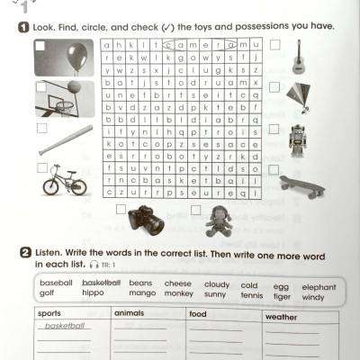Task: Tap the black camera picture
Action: click(145, 219)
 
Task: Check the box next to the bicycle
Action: click(41, 166)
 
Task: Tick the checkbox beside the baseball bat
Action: click(41, 127)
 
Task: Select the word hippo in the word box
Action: click(93, 293)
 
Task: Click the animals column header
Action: click(128, 313)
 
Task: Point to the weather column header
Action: click(283, 317)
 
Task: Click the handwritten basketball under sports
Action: click(65, 326)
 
